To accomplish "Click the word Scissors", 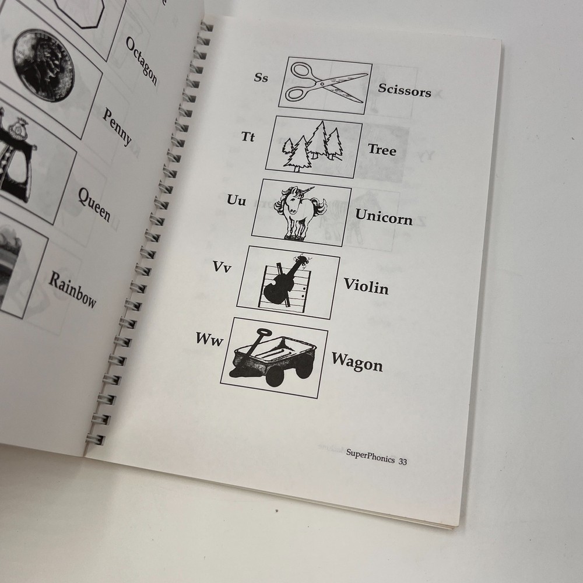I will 404,90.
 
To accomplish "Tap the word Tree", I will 382,150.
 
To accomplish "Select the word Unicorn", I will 384,217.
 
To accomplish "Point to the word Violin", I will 366,286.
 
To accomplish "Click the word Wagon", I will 357,362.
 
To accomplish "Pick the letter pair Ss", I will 261,77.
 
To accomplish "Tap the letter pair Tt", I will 248,137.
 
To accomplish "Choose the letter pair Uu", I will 236,202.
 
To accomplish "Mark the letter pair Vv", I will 222,267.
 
